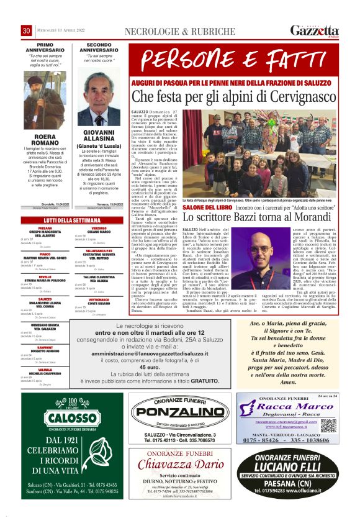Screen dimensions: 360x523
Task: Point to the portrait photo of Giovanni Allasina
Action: coord(99,99)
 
